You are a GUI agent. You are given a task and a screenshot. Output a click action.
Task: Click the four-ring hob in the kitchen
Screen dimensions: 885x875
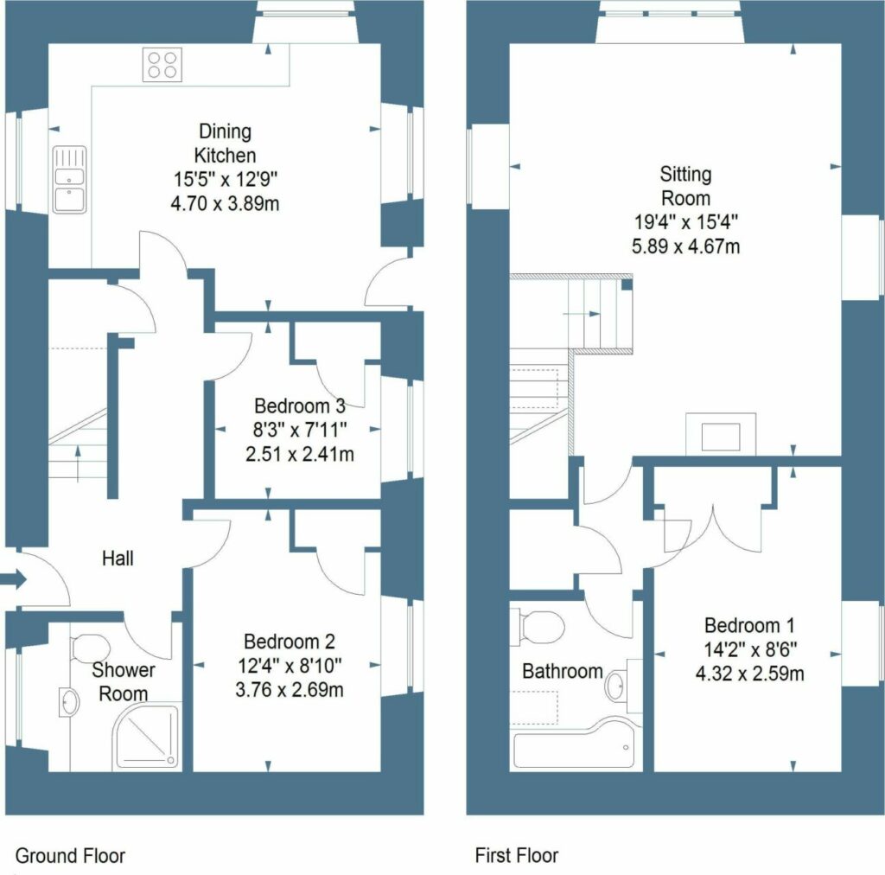pos(162,66)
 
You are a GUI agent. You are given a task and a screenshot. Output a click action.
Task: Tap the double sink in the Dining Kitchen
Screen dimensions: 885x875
pos(69,180)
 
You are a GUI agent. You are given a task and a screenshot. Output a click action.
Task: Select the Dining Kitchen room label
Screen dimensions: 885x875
pos(226,143)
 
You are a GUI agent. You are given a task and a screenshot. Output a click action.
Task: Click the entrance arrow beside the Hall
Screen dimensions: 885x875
pos(14,578)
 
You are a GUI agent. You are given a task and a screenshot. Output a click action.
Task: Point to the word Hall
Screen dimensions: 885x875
pos(118,559)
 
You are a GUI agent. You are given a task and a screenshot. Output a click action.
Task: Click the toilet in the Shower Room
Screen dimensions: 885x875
pos(90,647)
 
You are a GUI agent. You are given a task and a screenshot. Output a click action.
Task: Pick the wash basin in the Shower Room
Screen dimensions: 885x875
pos(69,702)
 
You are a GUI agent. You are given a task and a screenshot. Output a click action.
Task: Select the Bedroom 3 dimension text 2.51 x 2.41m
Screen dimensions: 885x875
pos(300,454)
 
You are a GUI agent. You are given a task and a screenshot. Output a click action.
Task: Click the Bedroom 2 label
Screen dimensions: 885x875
pos(290,642)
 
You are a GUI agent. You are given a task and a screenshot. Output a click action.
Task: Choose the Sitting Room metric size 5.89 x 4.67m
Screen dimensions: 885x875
pos(685,246)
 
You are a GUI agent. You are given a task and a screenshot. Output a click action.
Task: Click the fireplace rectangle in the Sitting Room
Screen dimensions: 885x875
pos(721,434)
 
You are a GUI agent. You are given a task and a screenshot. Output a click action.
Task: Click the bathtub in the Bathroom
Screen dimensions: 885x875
pos(575,744)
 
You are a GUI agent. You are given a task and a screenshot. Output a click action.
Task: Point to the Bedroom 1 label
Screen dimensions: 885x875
pos(749,625)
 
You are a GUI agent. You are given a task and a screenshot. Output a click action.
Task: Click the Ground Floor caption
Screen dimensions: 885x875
pos(70,856)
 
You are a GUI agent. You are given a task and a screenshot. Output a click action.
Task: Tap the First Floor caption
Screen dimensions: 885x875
pos(517,856)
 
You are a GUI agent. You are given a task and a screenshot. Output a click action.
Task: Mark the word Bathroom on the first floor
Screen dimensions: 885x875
pos(563,671)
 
